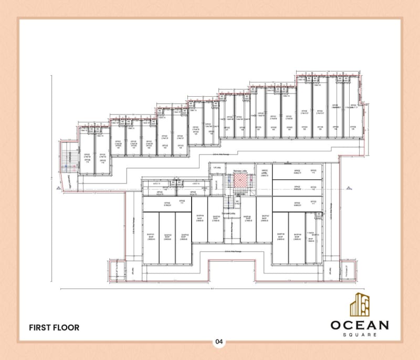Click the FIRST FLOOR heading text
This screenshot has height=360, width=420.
coord(55,327)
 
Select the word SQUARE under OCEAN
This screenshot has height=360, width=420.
coord(359,334)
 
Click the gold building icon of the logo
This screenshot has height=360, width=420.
coord(360,304)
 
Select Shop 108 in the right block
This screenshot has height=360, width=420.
coord(280,236)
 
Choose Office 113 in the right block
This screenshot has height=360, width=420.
coord(297,171)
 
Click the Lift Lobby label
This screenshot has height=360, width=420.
coord(216,168)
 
